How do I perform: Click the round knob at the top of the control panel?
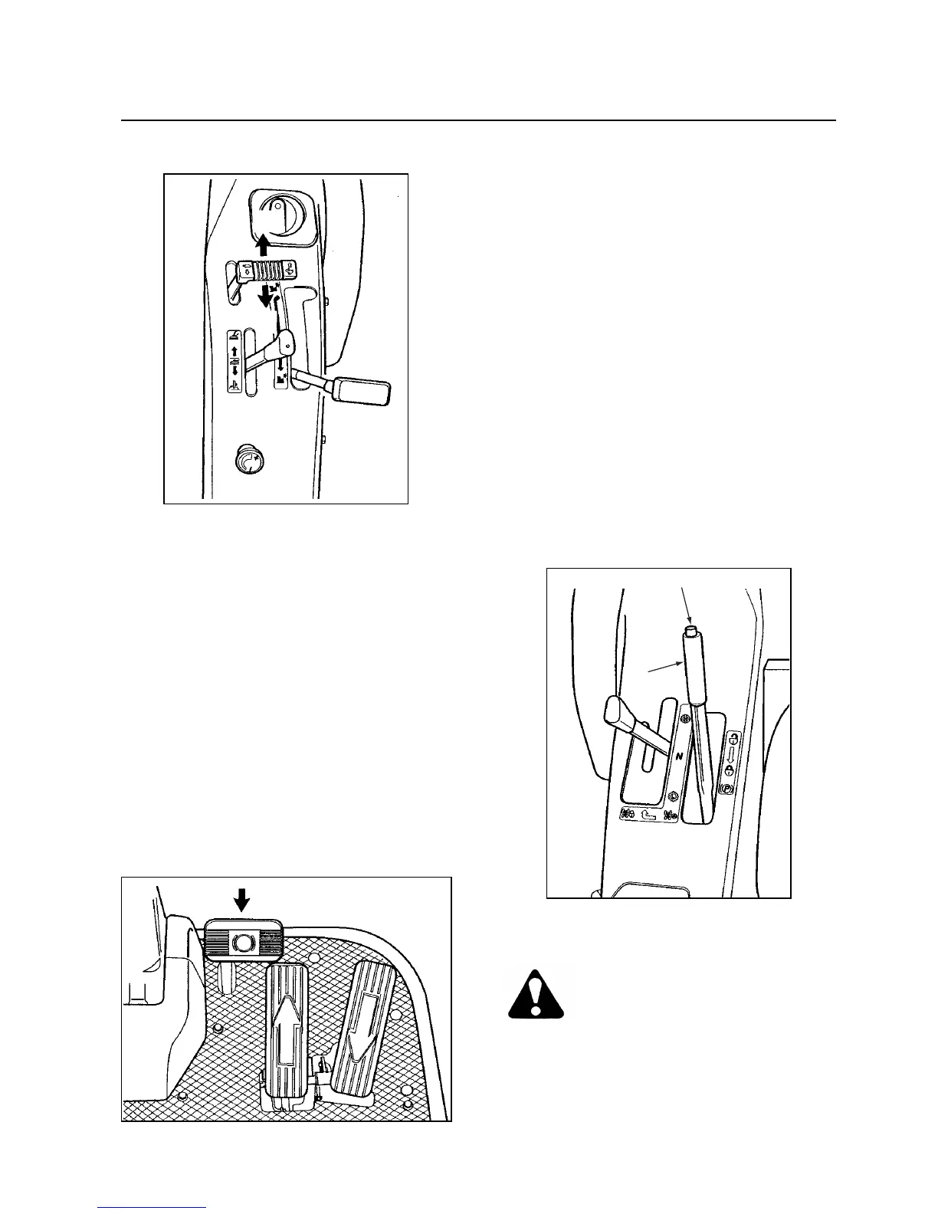283,215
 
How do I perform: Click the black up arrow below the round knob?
262,244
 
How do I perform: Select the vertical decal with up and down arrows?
234,361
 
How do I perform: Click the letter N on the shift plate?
678,756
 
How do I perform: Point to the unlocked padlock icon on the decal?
733,739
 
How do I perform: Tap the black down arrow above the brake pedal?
242,899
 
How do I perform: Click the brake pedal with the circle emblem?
243,941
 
